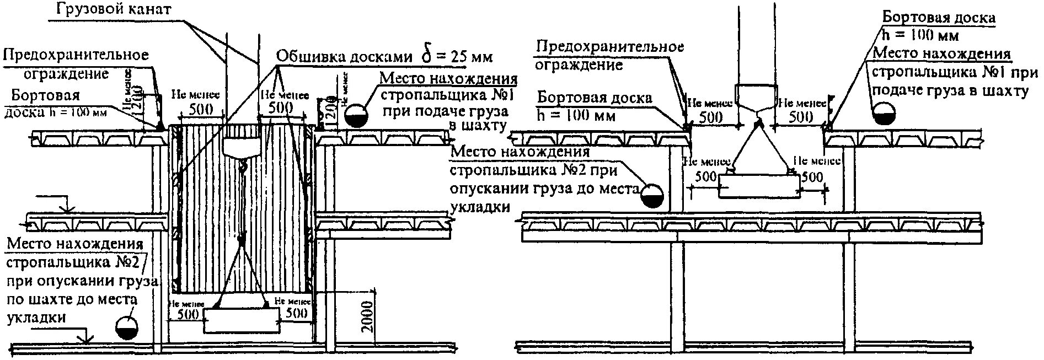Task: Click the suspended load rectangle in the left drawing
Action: [x=241, y=320]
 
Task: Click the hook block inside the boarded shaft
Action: [x=240, y=147]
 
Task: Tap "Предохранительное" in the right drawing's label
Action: [x=610, y=46]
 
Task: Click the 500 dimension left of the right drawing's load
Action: [x=706, y=177]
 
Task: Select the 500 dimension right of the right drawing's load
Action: [x=812, y=177]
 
